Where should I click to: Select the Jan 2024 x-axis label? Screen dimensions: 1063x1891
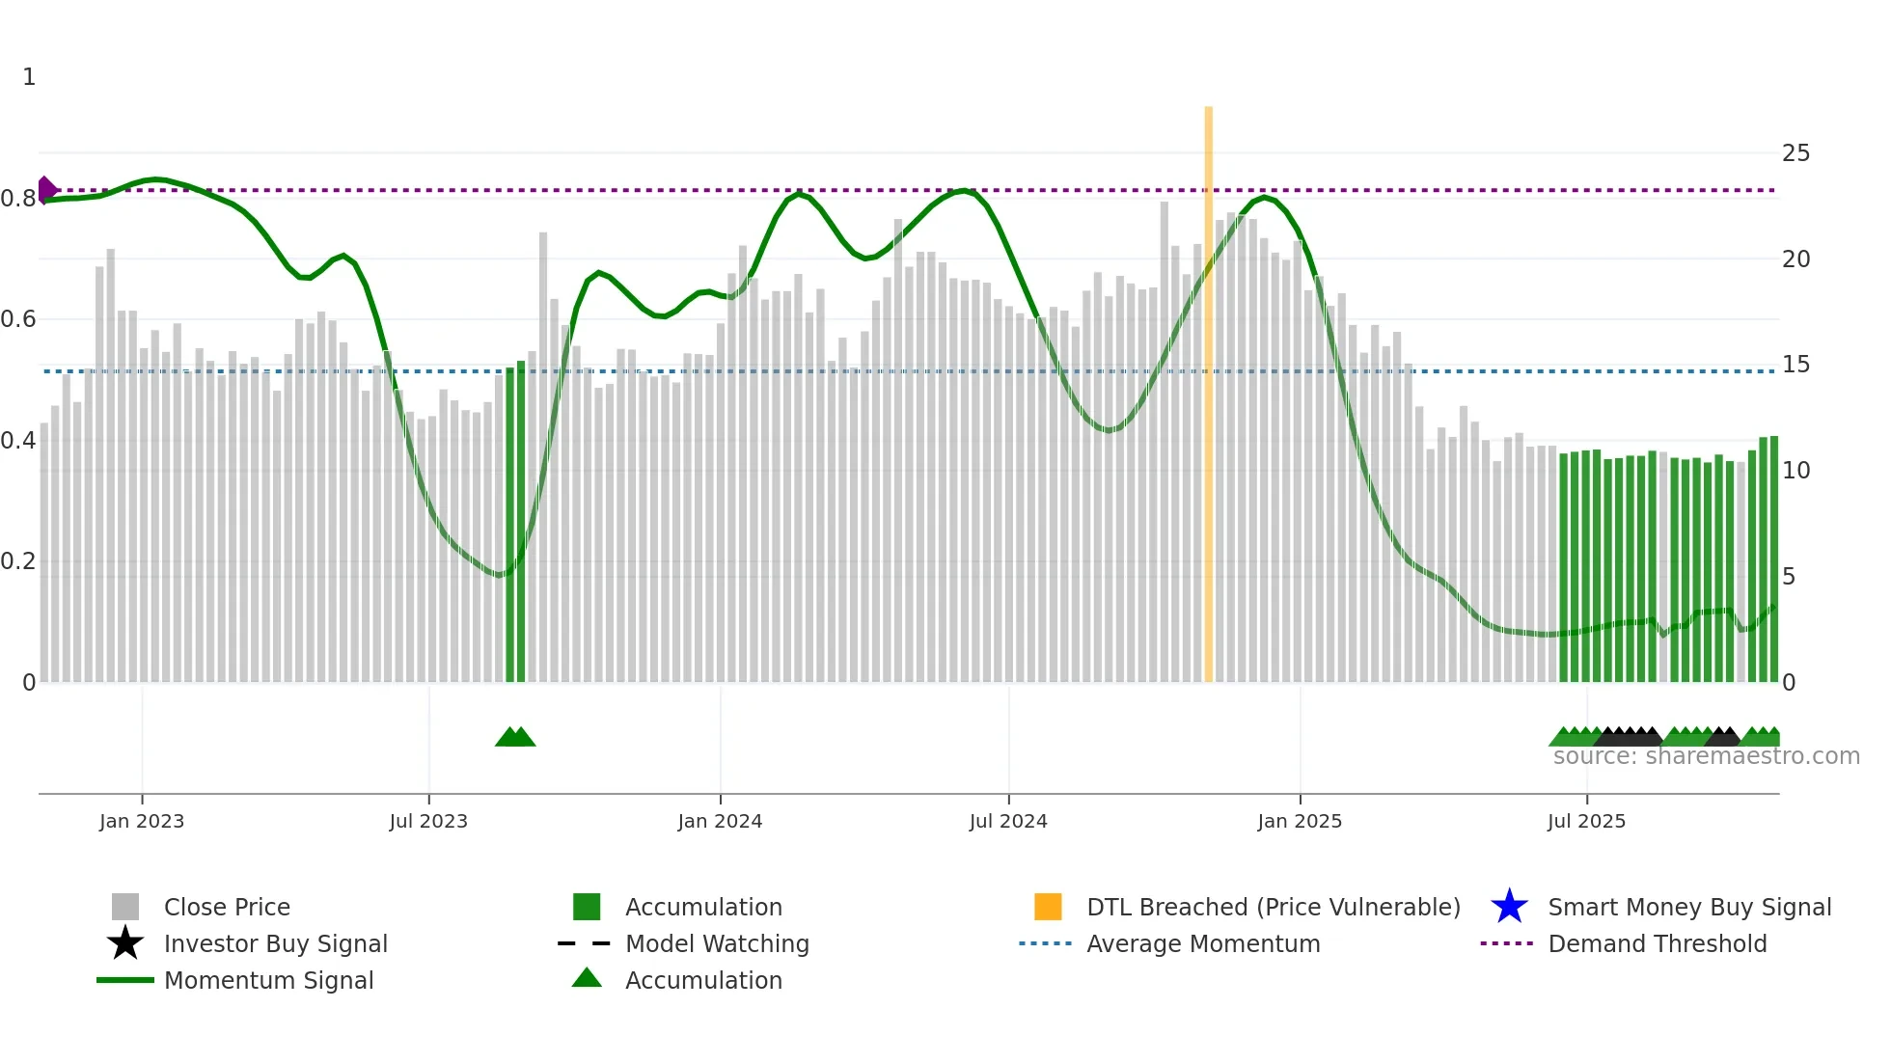[720, 821]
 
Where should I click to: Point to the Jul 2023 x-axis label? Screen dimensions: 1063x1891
[428, 821]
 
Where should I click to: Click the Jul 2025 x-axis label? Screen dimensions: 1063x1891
[1586, 821]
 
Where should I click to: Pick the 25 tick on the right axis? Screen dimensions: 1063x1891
[1795, 153]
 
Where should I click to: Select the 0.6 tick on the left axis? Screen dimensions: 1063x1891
[18, 319]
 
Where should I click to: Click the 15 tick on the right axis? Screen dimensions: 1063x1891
[1795, 365]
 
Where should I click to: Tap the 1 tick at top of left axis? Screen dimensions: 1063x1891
[29, 77]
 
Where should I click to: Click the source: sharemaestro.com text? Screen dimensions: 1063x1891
[1706, 756]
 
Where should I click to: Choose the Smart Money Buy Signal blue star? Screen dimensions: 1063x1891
[1509, 907]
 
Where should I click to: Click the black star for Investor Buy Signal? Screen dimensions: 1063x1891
[125, 943]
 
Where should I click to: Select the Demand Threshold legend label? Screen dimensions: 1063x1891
[1657, 943]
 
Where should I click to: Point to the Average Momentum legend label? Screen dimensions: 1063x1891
[1203, 943]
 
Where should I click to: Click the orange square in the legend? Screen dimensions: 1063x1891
[1048, 907]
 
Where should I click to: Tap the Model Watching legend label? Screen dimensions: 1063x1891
[717, 943]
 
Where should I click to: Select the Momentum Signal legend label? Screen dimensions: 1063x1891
[268, 980]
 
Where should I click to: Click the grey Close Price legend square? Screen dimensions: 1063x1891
[125, 907]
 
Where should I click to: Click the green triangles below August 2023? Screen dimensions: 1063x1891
[515, 737]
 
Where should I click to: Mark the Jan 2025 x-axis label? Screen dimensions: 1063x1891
[1300, 821]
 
